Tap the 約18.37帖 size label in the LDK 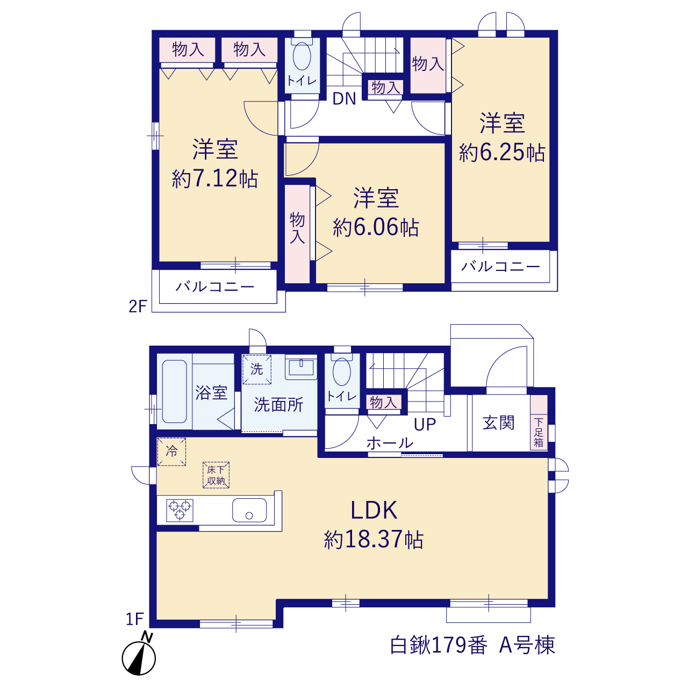tap(374, 540)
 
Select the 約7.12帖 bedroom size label tap(214, 178)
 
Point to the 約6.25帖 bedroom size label tap(501, 153)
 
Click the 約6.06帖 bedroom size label tap(376, 227)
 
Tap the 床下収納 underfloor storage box tap(216, 475)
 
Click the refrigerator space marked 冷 tap(172, 451)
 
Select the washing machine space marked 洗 tap(257, 369)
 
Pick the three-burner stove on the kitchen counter tap(180, 510)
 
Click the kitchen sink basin tap(249, 510)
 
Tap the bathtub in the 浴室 tap(175, 391)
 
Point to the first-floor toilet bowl tap(342, 371)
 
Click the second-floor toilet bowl tap(302, 56)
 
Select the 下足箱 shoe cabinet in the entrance tap(539, 422)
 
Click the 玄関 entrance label tap(498, 422)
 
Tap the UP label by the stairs tap(425, 424)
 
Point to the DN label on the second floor tap(344, 98)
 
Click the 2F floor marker tap(138, 306)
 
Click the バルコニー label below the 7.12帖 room tap(215, 286)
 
